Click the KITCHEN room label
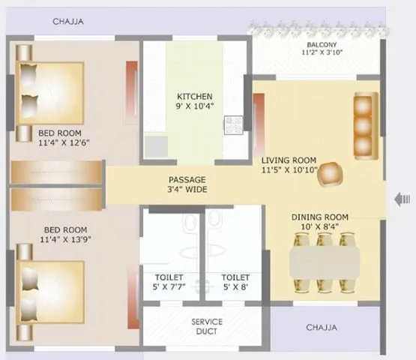[x=195, y=97]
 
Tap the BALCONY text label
[x=321, y=43]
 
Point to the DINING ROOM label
[x=320, y=217]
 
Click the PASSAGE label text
[x=187, y=179]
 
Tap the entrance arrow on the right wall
[x=403, y=199]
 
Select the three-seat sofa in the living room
[x=364, y=124]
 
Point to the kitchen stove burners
[x=233, y=125]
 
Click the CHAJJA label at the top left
[x=68, y=22]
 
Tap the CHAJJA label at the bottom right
[x=322, y=328]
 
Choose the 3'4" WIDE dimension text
[x=187, y=190]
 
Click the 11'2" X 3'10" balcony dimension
[x=321, y=53]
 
